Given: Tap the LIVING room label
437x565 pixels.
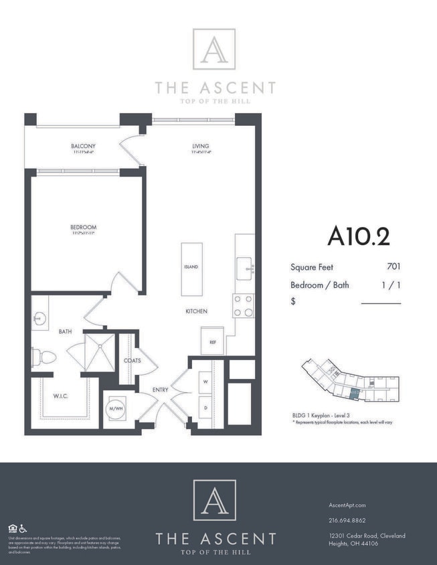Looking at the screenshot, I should [200, 146].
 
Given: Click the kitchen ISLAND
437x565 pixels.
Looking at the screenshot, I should [191, 267].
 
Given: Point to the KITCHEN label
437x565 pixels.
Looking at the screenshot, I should [196, 311].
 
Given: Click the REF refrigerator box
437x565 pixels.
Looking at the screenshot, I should [212, 341].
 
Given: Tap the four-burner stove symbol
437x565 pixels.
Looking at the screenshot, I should [244, 305].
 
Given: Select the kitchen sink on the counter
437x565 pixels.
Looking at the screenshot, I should [245, 269].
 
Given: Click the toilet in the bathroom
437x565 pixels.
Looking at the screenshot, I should [43, 357].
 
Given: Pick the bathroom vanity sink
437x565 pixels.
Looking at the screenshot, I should [40, 318].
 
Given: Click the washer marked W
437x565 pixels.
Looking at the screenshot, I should [205, 382].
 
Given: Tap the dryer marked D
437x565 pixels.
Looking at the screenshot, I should [205, 407].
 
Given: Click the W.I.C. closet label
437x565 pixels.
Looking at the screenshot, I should [61, 396].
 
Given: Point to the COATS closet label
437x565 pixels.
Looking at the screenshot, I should [132, 360].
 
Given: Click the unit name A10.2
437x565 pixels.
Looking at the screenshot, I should [358, 236].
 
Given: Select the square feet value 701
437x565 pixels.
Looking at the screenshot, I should [394, 267].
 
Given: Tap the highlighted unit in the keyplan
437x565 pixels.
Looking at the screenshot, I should [355, 394].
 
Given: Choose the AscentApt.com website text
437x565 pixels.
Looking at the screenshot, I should [347, 505].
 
